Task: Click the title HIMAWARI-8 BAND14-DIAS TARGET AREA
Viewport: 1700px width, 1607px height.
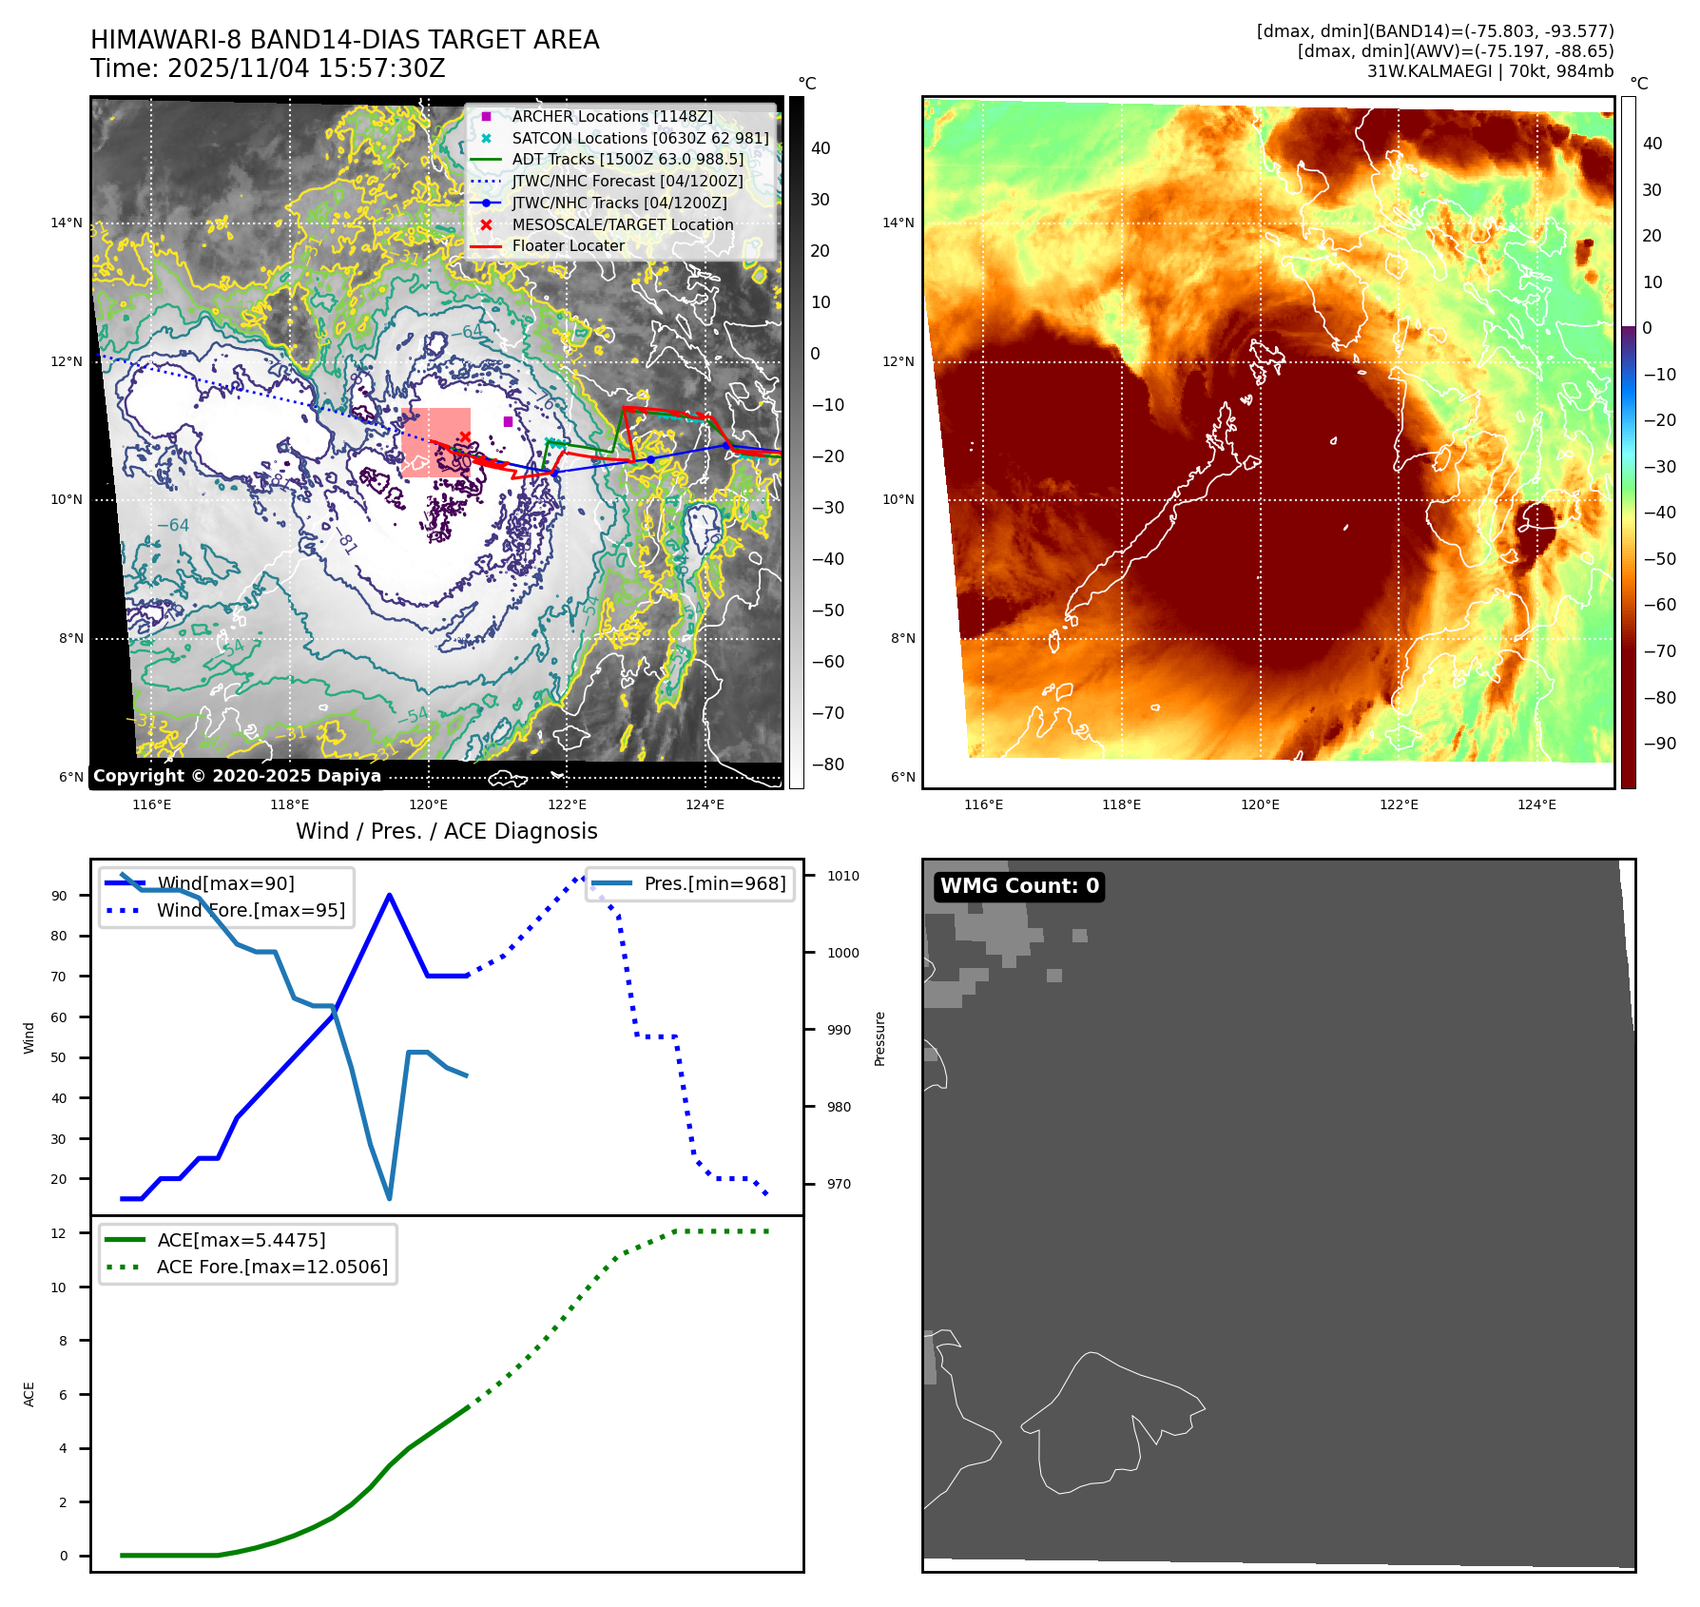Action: point(344,40)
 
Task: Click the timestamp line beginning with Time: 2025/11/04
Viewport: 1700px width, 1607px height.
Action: point(267,68)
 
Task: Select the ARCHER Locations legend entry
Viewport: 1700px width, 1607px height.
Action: point(611,116)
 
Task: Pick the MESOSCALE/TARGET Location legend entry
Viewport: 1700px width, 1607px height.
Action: point(622,224)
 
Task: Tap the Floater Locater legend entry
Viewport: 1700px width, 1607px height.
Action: point(568,245)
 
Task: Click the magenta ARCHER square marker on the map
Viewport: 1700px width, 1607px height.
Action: point(508,421)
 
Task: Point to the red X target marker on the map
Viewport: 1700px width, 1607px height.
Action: point(465,437)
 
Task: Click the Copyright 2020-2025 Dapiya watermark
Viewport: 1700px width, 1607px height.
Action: point(237,776)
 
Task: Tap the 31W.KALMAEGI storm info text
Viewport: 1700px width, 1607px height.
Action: point(1489,71)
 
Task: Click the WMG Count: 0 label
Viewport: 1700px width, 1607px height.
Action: point(1019,886)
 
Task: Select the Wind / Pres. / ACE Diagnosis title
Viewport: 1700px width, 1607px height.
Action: point(446,831)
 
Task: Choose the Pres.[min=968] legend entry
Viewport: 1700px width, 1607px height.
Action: point(714,883)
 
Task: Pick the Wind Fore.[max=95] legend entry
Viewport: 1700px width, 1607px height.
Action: point(250,910)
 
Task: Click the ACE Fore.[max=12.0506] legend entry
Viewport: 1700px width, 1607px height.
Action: point(272,1267)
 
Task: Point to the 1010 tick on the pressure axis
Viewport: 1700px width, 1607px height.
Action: point(842,876)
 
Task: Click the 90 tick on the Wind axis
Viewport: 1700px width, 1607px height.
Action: point(60,896)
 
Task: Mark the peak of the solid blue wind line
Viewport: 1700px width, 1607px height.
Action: point(390,895)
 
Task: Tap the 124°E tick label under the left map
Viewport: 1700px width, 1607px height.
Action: point(705,804)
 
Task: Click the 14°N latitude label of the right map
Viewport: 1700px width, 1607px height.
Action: point(898,223)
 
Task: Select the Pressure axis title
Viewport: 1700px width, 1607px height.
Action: point(879,1038)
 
